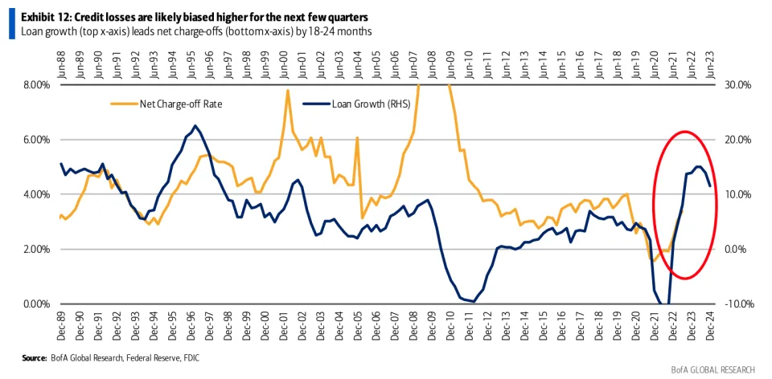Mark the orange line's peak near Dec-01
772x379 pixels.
click(x=287, y=90)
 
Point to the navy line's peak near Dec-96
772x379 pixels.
click(x=195, y=125)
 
